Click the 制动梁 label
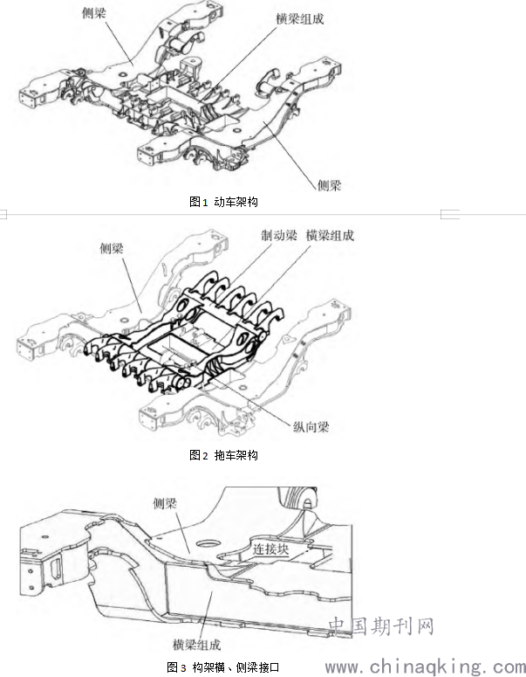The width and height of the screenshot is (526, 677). click(279, 235)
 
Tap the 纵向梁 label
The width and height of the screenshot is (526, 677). click(311, 427)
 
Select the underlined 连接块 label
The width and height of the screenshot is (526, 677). click(270, 549)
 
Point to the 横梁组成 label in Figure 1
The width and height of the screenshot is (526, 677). click(300, 18)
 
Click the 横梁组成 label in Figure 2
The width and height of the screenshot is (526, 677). click(330, 235)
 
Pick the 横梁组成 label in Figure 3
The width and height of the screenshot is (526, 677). click(196, 645)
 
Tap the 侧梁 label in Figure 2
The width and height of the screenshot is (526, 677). click(112, 248)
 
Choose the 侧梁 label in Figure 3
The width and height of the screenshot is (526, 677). click(165, 503)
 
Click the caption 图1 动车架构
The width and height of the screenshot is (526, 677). click(223, 201)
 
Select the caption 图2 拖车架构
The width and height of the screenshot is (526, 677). click(223, 454)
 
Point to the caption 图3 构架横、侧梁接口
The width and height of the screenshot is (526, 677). click(223, 667)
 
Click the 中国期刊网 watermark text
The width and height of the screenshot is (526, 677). click(380, 626)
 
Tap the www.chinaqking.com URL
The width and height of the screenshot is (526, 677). click(425, 667)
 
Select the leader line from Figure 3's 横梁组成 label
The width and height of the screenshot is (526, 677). click(206, 615)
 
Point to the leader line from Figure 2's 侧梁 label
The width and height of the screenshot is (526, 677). click(133, 286)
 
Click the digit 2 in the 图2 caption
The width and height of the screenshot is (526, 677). click(205, 455)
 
